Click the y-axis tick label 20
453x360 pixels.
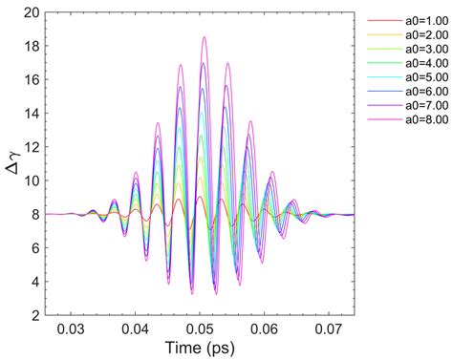point(33,13)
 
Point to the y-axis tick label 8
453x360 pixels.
point(37,214)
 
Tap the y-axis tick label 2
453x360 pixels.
point(37,314)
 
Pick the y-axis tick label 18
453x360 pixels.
point(33,47)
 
